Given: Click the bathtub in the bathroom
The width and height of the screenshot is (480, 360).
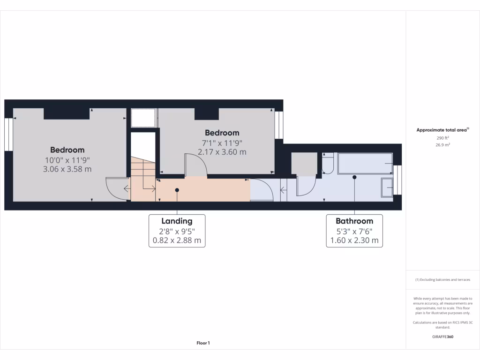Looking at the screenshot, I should (365, 164).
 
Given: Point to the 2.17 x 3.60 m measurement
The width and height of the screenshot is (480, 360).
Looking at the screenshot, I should (222, 152).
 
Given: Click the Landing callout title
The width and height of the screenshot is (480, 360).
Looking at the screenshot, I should (177, 221).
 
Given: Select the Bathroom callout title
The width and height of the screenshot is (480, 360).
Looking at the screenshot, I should (354, 221).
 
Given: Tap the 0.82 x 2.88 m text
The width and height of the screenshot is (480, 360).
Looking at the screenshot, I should (177, 241).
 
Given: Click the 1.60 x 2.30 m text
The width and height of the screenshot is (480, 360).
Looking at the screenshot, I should (354, 241).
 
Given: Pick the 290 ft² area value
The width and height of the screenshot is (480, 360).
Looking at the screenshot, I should (443, 138).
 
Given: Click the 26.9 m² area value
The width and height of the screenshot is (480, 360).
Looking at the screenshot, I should (443, 145).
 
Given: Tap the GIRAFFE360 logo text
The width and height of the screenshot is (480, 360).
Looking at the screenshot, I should (443, 337).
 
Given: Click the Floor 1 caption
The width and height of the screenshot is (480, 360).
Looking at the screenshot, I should (203, 343).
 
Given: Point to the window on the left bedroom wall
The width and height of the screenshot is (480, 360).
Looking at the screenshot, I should (8, 134).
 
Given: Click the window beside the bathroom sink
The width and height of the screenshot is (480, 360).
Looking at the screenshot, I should (398, 180).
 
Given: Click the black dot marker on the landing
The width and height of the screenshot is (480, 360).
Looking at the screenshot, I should (177, 190).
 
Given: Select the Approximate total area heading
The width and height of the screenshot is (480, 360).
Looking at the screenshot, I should (442, 130).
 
